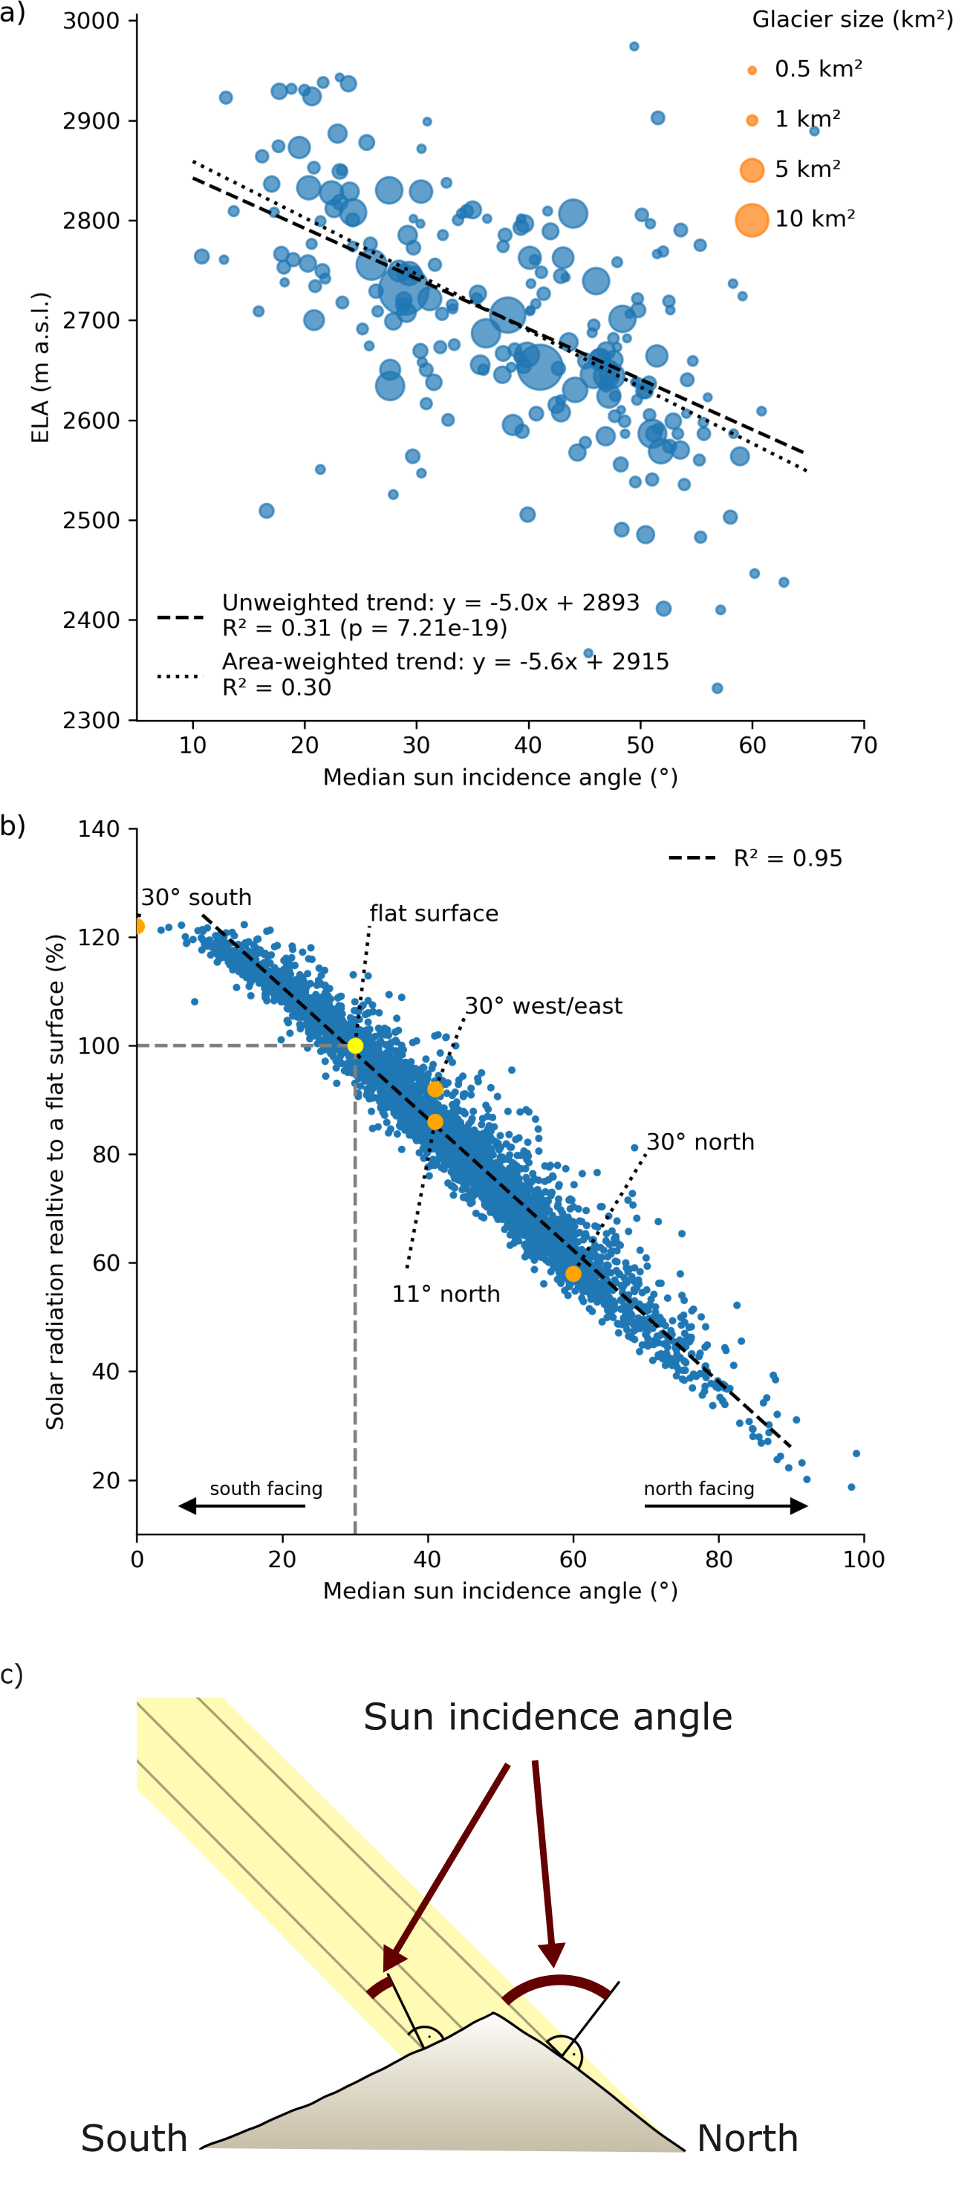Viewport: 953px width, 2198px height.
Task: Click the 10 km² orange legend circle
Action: (751, 219)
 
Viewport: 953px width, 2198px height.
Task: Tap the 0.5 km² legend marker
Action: (752, 70)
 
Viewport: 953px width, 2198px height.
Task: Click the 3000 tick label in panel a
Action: (91, 21)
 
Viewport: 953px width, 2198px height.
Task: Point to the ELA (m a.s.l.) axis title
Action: (40, 367)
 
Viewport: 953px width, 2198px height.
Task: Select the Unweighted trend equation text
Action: (430, 603)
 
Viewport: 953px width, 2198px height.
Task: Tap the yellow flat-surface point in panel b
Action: (355, 1045)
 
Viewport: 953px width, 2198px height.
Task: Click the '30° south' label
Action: (196, 897)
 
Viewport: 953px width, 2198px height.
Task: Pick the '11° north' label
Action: (446, 1294)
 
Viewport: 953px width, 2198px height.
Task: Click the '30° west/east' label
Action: (544, 1005)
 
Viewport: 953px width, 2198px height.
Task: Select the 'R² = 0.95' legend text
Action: (787, 858)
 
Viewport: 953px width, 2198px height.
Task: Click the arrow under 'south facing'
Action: (241, 1505)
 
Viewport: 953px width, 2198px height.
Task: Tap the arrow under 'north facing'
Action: (725, 1505)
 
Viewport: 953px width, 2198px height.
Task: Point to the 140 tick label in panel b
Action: (98, 829)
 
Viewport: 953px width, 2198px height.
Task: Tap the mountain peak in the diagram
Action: (492, 2014)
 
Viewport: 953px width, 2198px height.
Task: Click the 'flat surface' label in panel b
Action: (433, 913)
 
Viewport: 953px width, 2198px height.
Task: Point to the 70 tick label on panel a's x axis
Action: (863, 745)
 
